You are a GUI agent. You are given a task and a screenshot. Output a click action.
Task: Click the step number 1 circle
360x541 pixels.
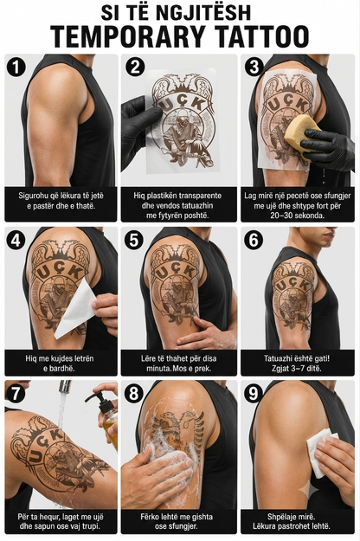click(16, 67)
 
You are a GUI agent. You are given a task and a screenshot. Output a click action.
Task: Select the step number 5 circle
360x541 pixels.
click(135, 240)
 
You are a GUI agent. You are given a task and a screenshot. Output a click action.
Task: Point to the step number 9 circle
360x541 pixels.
click(254, 393)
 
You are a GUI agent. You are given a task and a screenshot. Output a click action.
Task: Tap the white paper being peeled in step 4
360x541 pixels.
click(74, 307)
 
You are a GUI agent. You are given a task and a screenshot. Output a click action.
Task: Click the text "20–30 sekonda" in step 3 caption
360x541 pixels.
click(298, 216)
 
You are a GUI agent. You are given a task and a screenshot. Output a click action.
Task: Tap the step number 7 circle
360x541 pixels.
click(16, 393)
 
